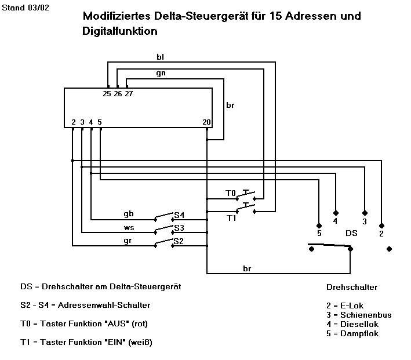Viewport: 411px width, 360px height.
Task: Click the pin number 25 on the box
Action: pos(107,94)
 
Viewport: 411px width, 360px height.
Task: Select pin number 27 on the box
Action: pos(128,94)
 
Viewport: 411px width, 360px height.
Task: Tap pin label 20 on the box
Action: pos(207,122)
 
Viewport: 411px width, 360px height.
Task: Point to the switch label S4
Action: pos(179,214)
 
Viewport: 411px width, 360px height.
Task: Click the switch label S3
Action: pos(179,227)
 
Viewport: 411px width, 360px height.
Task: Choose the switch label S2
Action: pos(179,241)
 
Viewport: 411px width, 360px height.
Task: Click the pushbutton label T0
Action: pos(231,192)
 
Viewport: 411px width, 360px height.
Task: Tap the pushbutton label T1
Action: pos(231,217)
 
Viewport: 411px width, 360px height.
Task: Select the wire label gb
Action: pos(129,214)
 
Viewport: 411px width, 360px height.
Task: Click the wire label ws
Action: pos(129,227)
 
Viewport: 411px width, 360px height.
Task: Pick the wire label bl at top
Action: pos(161,57)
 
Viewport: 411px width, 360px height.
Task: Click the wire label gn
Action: pos(161,74)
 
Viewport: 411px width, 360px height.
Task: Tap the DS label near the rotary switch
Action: pos(351,233)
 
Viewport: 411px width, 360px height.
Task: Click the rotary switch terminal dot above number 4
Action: pos(335,212)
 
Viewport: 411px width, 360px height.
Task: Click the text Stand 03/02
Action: pos(23,8)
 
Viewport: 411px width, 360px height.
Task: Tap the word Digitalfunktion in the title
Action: pos(119,31)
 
